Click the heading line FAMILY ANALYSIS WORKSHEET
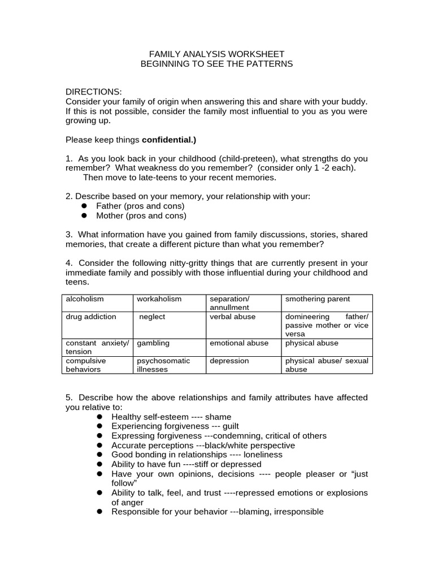[216, 54]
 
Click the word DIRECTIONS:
[93, 92]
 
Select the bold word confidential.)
[169, 139]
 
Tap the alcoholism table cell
[85, 299]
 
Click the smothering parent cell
[318, 299]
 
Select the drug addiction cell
[91, 317]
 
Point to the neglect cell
[153, 317]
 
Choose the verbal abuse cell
[232, 317]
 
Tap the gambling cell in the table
[153, 343]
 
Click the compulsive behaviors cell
[86, 364]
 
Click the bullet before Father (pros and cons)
[84, 206]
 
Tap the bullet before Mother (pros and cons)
[84, 216]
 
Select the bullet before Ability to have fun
[99, 464]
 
